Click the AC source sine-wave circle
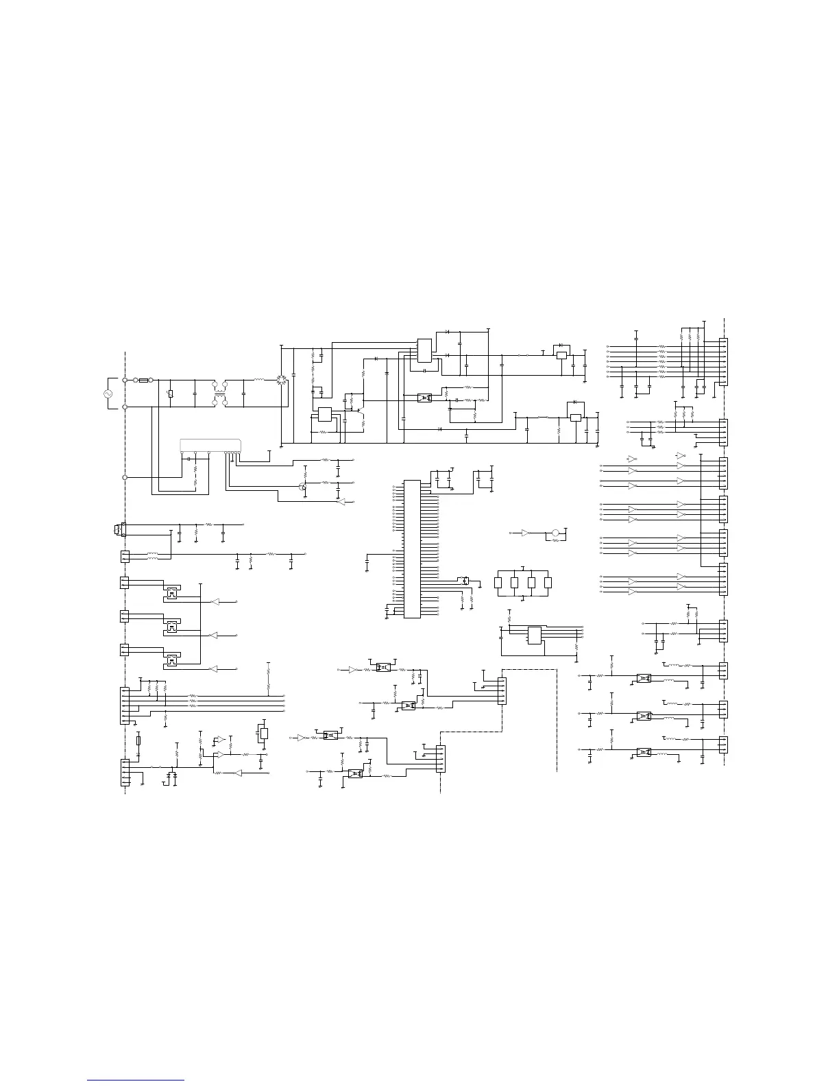point(108,394)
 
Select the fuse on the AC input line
point(144,379)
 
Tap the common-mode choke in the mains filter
point(220,393)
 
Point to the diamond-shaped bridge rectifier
point(280,379)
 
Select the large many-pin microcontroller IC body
point(411,548)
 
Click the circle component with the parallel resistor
point(556,533)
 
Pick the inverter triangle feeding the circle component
point(525,533)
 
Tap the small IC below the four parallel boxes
point(534,636)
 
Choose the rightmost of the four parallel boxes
point(548,583)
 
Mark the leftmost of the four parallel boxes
point(498,583)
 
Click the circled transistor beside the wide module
point(302,487)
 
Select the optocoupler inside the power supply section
point(425,398)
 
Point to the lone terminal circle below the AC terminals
point(125,476)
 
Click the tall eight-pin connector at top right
point(723,362)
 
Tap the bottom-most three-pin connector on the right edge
point(723,745)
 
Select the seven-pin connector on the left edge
point(124,705)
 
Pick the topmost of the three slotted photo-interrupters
point(172,594)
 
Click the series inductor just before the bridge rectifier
point(259,379)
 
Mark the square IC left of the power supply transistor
point(324,414)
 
